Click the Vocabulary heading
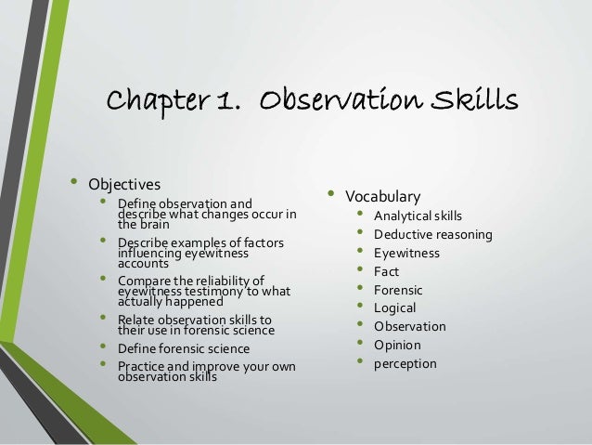382,196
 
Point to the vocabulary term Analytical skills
418,216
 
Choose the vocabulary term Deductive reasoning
432,235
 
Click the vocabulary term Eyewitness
406,253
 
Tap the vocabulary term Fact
386,271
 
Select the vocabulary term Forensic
399,290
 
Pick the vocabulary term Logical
394,308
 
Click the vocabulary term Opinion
397,345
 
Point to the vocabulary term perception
405,363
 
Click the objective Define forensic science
184,348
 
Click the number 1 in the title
224,98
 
